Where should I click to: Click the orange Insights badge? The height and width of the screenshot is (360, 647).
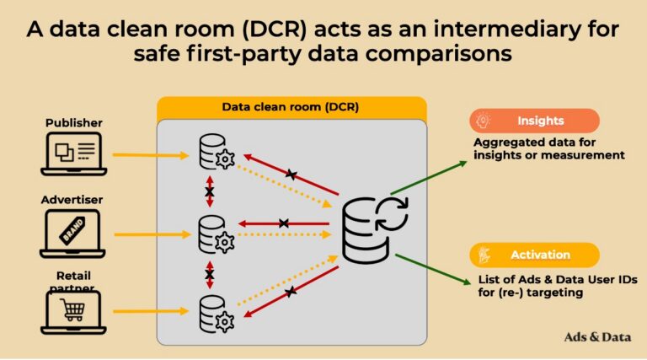[536, 121]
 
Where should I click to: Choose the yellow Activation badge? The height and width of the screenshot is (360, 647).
[536, 255]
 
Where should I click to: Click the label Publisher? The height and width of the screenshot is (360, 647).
[74, 123]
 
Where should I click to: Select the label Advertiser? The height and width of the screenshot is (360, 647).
[73, 200]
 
